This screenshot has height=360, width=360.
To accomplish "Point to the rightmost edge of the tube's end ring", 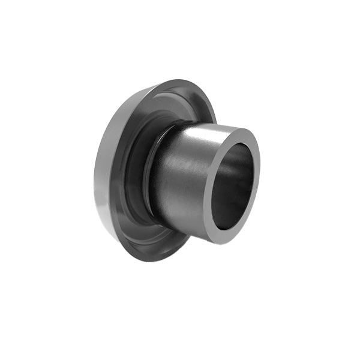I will [x=259, y=174].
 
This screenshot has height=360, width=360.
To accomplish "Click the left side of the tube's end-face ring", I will [x=207, y=192].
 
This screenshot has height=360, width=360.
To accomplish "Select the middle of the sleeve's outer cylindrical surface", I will [x=180, y=180].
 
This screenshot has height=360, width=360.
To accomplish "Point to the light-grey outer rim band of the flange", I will [x=103, y=180].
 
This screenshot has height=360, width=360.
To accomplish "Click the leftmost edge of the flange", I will [x=94, y=180].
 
